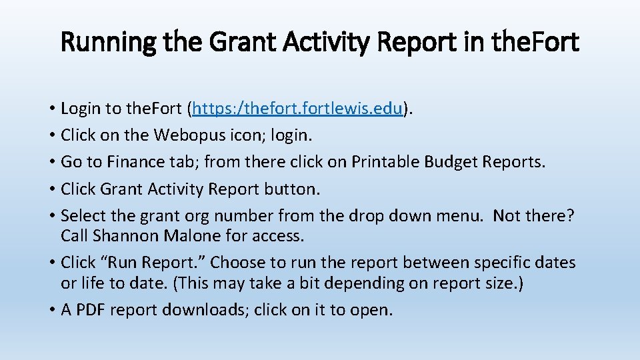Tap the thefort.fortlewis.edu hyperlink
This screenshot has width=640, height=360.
click(299, 109)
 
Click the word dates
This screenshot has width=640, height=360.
click(556, 262)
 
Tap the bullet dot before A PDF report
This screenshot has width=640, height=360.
click(51, 311)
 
